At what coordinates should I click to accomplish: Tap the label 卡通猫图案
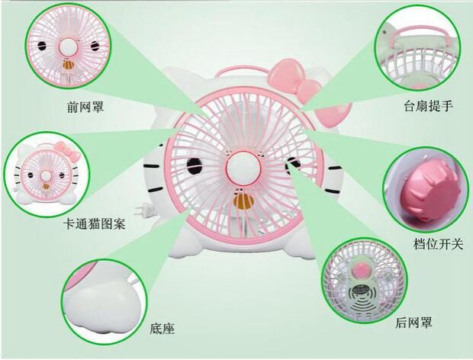(95, 226)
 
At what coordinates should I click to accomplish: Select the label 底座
(163, 329)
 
